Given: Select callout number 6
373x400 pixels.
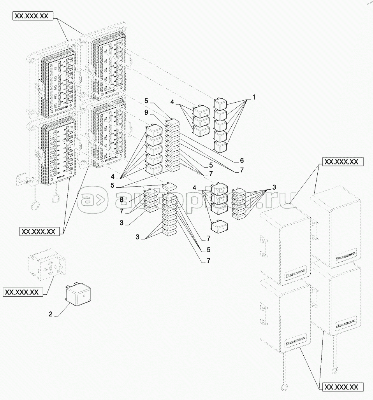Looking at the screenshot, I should click(x=241, y=160).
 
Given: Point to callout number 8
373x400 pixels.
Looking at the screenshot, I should click(x=121, y=199).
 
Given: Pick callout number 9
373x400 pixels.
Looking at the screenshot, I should click(x=146, y=112).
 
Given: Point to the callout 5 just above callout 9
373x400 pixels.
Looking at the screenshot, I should click(x=146, y=101).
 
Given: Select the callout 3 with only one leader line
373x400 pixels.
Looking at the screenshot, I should click(x=121, y=223).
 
